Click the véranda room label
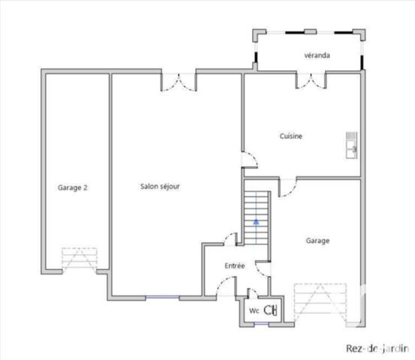tap(318, 55)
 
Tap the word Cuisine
tap(290, 136)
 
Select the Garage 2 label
tap(73, 187)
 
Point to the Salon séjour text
tap(159, 187)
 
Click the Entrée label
tap(234, 266)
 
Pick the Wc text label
tap(254, 309)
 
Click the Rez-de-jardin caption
tap(377, 348)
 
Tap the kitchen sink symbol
tap(350, 145)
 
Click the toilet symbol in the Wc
tap(271, 308)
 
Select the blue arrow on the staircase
tap(256, 222)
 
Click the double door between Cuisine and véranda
tap(311, 80)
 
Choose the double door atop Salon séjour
tap(178, 81)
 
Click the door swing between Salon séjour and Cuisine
tap(249, 158)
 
